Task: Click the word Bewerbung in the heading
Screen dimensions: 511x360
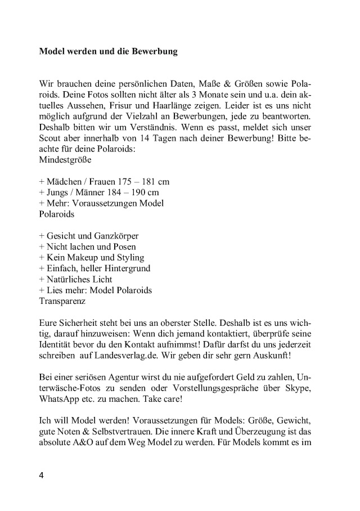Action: (x=153, y=52)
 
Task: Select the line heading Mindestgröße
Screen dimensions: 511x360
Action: (x=65, y=159)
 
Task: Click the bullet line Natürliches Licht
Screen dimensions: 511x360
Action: (x=76, y=279)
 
